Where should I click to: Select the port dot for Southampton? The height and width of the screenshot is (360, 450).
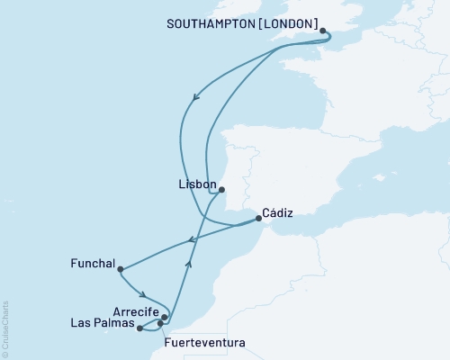point(323,31)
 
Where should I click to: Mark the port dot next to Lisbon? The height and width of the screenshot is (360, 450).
point(221,189)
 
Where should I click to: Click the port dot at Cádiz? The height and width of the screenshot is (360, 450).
point(256,217)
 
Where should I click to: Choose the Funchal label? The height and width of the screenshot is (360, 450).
point(92,265)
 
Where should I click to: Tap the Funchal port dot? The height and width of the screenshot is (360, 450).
point(120,268)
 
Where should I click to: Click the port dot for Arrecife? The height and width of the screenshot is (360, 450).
point(165,317)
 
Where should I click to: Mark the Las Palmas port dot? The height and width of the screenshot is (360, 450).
point(139,328)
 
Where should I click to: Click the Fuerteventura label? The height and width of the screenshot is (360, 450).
point(204,343)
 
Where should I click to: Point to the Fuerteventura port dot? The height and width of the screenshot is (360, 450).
point(160,322)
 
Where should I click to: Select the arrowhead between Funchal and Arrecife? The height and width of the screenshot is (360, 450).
point(143,292)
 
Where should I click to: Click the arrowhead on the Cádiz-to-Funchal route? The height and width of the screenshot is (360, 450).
point(192,239)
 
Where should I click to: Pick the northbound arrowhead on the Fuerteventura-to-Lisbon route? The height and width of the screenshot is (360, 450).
point(189,263)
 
